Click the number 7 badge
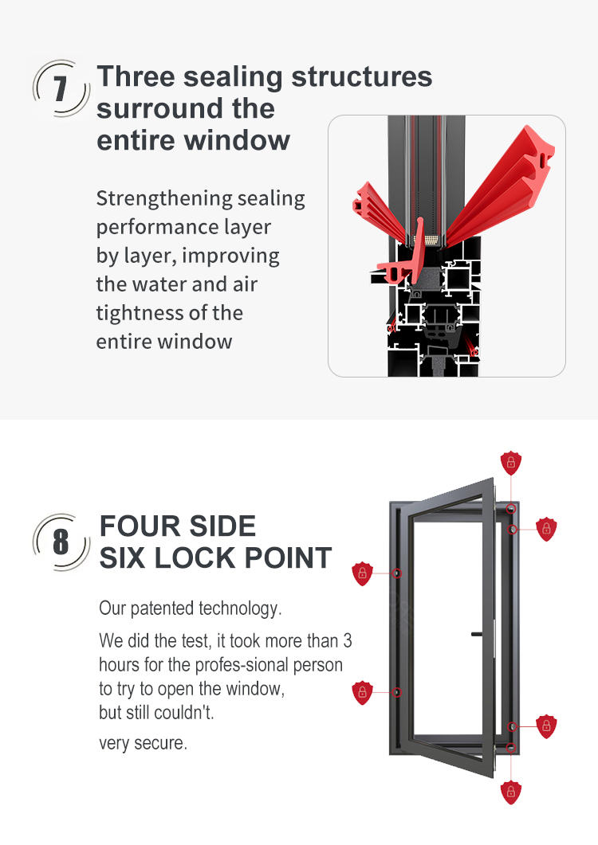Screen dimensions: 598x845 [61, 88]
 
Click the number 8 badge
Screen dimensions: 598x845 [61, 542]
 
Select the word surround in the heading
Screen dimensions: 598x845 [160, 108]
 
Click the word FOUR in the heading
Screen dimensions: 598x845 [137, 526]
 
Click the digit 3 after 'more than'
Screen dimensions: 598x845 [347, 641]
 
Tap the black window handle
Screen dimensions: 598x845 [477, 634]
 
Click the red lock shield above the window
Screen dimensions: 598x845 [510, 463]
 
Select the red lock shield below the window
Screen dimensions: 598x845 [510, 792]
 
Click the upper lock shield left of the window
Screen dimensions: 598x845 [362, 573]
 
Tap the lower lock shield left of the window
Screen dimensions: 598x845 [362, 693]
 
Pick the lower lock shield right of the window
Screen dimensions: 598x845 [546, 726]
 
